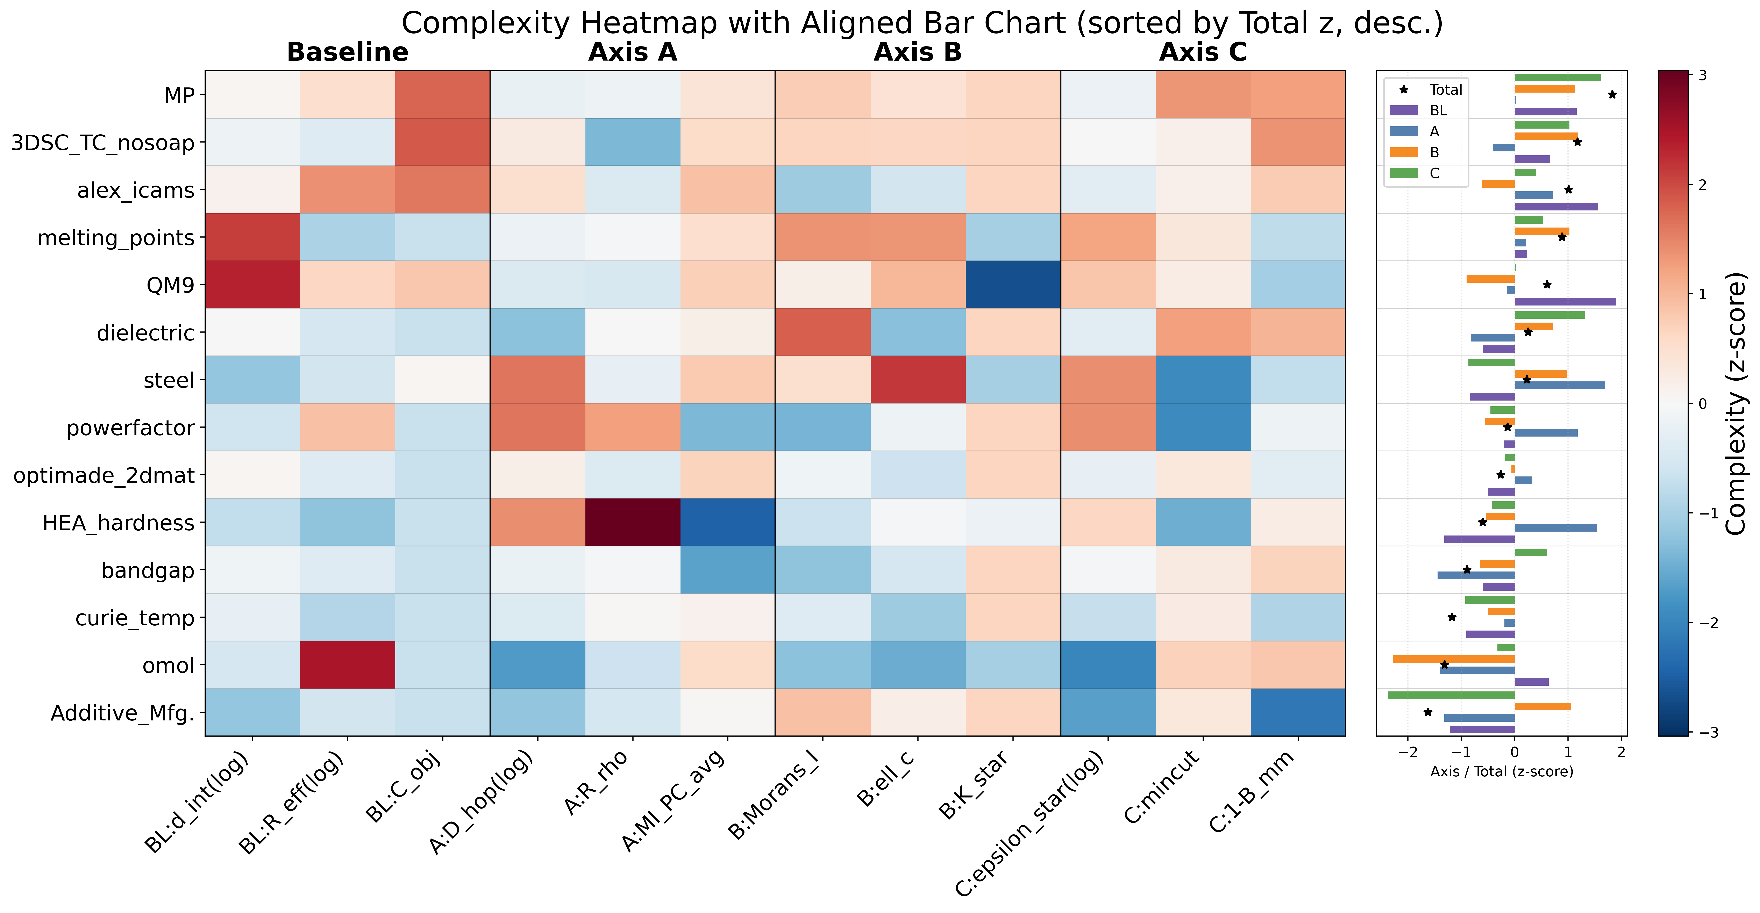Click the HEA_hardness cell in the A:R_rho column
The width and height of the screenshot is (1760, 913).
[x=633, y=522]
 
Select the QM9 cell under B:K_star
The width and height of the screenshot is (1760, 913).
[x=1013, y=285]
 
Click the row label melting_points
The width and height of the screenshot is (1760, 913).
[x=116, y=238]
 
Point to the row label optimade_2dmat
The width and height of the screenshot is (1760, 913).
[x=104, y=475]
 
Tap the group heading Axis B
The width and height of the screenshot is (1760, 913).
[x=918, y=52]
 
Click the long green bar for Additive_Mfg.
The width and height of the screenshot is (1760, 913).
[x=1451, y=695]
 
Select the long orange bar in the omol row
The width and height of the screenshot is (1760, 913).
[x=1454, y=659]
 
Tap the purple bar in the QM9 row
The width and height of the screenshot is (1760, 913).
[x=1565, y=301]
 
